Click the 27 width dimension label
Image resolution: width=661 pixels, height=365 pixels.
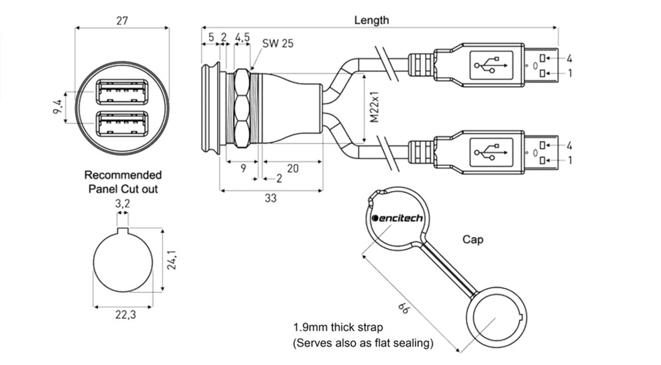[x=122, y=21]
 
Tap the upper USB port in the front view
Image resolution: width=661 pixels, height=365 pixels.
[x=122, y=92]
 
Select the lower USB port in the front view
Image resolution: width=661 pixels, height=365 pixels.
[x=122, y=123]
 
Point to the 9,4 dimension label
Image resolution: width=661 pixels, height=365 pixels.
[x=58, y=107]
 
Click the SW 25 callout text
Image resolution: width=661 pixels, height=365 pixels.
[x=278, y=44]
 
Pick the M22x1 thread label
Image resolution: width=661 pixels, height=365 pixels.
[x=375, y=107]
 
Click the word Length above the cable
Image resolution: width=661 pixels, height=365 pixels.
[x=371, y=20]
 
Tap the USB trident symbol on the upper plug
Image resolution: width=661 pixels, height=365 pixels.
[x=491, y=65]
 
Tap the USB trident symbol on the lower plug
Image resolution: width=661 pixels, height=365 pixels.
[x=491, y=152]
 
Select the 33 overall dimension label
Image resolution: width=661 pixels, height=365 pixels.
[x=270, y=198]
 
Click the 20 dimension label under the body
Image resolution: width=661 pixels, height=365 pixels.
[x=292, y=169]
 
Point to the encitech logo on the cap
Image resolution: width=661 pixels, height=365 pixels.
[x=397, y=218]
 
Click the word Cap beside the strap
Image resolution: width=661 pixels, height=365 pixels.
[x=472, y=240]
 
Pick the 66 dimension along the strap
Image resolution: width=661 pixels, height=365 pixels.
[x=403, y=308]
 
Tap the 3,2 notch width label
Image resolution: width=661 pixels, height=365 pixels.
[x=122, y=203]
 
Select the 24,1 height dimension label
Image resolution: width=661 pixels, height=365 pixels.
[x=172, y=260]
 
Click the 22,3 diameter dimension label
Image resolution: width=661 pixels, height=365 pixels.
[x=125, y=315]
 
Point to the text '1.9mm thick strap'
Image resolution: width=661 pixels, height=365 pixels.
[x=338, y=327]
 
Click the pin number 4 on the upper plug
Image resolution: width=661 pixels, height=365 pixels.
[x=569, y=59]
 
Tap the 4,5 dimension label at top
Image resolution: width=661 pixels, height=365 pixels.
[x=242, y=37]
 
